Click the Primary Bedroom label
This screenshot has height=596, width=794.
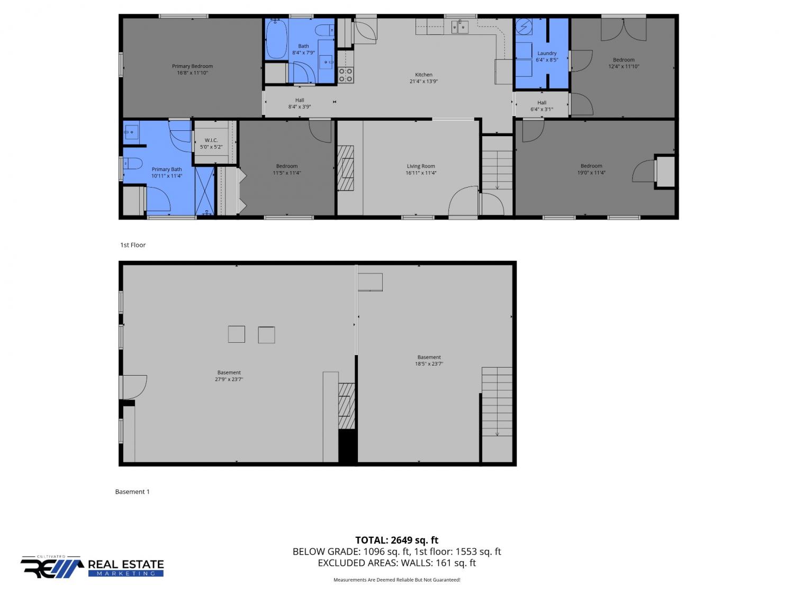(x=192, y=66)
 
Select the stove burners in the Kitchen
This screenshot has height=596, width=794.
(x=345, y=75)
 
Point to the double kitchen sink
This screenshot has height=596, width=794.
(x=459, y=27)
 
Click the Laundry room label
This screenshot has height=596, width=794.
(x=547, y=53)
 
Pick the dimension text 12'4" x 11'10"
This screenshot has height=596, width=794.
(x=624, y=67)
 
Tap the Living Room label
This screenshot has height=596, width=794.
(x=421, y=166)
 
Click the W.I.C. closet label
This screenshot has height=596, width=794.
(x=211, y=140)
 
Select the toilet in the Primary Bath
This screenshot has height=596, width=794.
(x=133, y=164)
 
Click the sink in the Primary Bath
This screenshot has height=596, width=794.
(x=131, y=132)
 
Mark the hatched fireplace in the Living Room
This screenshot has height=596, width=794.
(x=346, y=168)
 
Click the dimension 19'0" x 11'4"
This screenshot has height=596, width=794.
(x=591, y=173)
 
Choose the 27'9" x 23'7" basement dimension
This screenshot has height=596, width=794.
(x=229, y=379)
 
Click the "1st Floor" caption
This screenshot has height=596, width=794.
(x=133, y=245)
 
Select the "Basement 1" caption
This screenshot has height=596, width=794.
(x=132, y=492)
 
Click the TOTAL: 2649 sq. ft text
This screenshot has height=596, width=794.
(x=396, y=540)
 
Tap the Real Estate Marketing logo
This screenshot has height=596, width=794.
(x=92, y=567)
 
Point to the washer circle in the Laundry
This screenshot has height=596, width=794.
(x=524, y=26)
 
